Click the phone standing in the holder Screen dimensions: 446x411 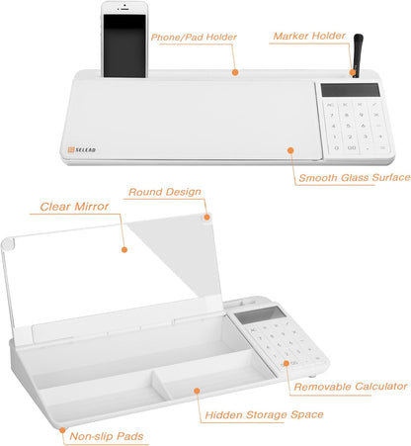point(123,41)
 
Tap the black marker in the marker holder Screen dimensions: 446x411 point(356,54)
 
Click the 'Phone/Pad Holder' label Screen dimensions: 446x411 point(195,37)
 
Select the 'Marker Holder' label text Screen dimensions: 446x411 point(308,36)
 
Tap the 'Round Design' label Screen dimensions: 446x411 point(163,192)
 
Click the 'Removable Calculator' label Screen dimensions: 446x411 point(350,386)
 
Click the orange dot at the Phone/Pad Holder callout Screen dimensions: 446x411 point(234,70)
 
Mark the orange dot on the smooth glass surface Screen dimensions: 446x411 point(290,149)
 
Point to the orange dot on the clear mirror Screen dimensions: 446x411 point(123,248)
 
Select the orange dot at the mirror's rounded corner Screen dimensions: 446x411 point(207,217)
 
